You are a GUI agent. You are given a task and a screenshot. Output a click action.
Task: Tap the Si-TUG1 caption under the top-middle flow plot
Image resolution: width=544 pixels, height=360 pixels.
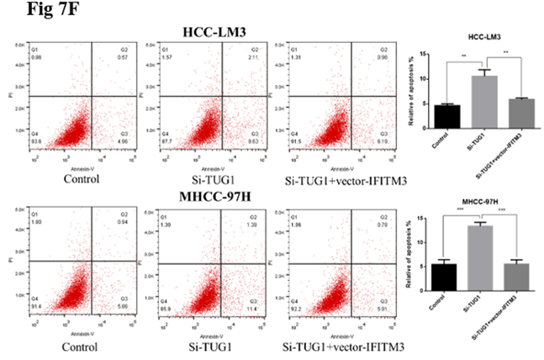(203, 178)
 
